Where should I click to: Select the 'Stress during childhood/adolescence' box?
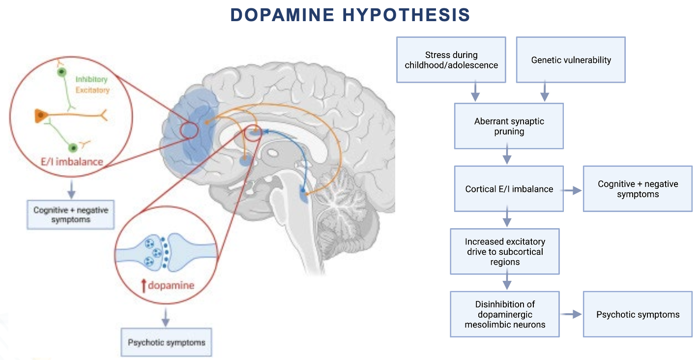coord(451,60)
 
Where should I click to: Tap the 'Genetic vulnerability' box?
coord(571,60)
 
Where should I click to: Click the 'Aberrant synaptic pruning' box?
coord(509,126)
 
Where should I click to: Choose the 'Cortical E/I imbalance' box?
coord(509,189)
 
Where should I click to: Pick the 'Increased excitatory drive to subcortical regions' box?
coord(505,251)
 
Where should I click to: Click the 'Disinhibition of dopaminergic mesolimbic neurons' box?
coord(505,314)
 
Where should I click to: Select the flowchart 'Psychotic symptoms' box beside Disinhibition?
coord(638,314)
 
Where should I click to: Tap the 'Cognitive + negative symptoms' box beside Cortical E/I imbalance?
coord(638,189)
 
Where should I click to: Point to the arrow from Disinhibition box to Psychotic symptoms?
coord(571,314)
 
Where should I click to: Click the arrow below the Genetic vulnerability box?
coord(544,92)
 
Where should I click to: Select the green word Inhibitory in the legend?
coord(91,79)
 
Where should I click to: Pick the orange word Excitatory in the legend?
coord(92,90)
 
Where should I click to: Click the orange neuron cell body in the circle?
coord(40,116)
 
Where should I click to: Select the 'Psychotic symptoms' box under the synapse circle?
coord(166,342)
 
